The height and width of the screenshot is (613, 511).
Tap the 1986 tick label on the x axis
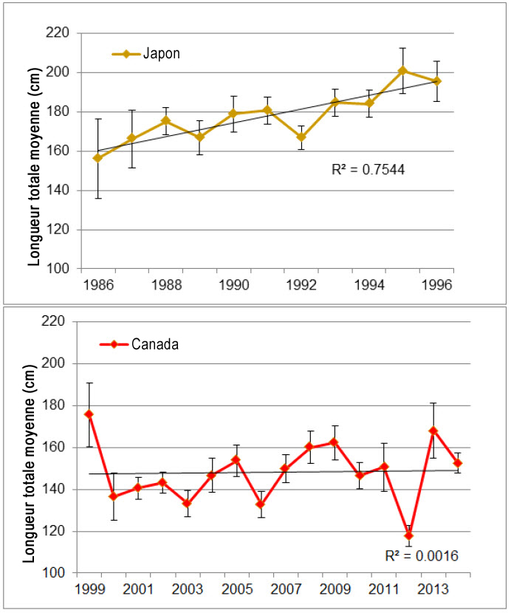pyautogui.click(x=98, y=284)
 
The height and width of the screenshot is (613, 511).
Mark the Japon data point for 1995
pyautogui.click(x=402, y=71)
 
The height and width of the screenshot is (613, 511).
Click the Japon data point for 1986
pyautogui.click(x=98, y=158)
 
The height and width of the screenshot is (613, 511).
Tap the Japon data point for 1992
pyautogui.click(x=301, y=137)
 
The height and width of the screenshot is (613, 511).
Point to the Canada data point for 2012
pyautogui.click(x=408, y=535)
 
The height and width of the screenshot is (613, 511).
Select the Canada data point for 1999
pyautogui.click(x=89, y=414)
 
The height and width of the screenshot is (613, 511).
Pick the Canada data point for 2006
pyautogui.click(x=260, y=504)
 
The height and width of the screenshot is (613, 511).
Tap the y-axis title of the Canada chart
pyautogui.click(x=34, y=447)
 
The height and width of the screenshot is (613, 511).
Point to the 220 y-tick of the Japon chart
pyautogui.click(x=61, y=33)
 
